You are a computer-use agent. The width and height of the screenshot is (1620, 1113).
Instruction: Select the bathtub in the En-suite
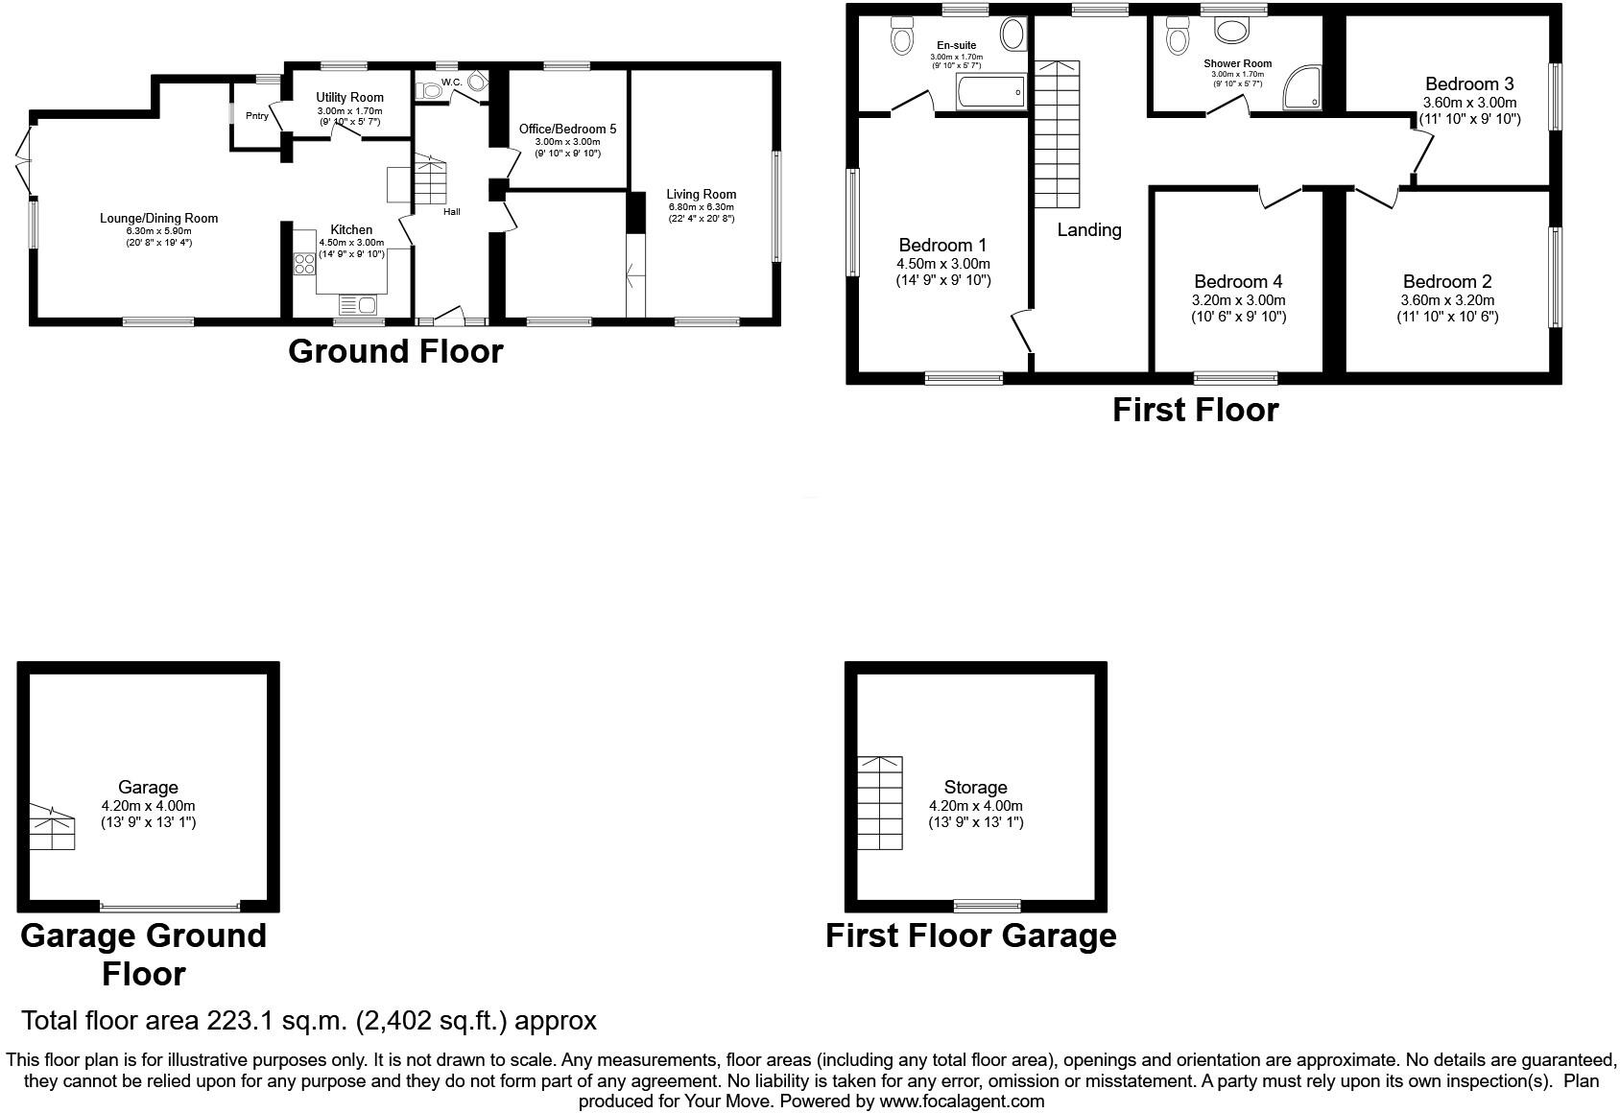[x=990, y=92]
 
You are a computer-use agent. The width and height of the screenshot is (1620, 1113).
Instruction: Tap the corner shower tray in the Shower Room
[x=1301, y=87]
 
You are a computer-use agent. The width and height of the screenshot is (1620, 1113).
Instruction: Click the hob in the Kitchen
[x=304, y=263]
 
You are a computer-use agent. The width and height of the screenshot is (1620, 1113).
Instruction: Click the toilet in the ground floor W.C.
[x=429, y=90]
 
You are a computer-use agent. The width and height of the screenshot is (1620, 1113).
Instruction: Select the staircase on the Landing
[x=1058, y=134]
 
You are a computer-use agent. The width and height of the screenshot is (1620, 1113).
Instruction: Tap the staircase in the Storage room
[x=880, y=803]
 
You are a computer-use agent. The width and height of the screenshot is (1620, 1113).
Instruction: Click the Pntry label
[x=257, y=116]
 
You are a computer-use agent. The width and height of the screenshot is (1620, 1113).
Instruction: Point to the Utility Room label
[x=349, y=97]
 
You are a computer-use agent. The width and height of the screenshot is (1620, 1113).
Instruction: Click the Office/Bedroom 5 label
[x=568, y=129]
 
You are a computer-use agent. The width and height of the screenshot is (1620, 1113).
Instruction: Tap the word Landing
[x=1089, y=230]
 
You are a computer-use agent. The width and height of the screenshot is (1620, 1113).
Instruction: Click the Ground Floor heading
[x=395, y=351]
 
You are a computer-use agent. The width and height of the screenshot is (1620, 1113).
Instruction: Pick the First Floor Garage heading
[x=970, y=935]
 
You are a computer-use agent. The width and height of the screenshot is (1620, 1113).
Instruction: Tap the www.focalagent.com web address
[x=962, y=1101]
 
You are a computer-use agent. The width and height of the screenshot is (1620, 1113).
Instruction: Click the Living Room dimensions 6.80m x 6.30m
[x=701, y=207]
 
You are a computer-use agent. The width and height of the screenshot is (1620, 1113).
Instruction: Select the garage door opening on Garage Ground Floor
[x=170, y=906]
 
